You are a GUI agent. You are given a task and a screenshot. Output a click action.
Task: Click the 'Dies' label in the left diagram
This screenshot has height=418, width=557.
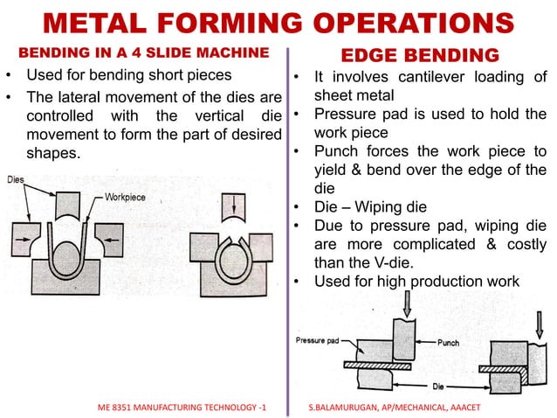tap(17, 179)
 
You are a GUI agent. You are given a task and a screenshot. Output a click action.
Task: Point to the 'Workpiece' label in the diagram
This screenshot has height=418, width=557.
tap(125, 198)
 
